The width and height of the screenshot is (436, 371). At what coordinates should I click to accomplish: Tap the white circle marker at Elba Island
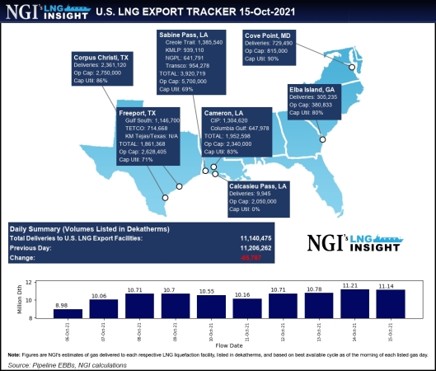(323, 139)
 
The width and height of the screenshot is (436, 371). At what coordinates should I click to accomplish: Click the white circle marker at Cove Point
(353, 68)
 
